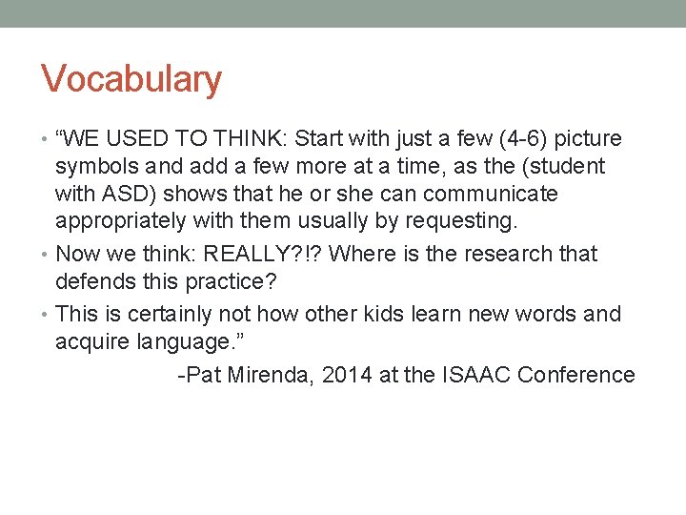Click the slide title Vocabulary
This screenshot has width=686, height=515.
pos(131,79)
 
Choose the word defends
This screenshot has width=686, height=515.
pos(95,282)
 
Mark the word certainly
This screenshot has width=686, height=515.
pos(177,315)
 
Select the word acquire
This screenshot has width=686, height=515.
pos(93,342)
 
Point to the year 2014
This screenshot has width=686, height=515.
pos(347,375)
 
